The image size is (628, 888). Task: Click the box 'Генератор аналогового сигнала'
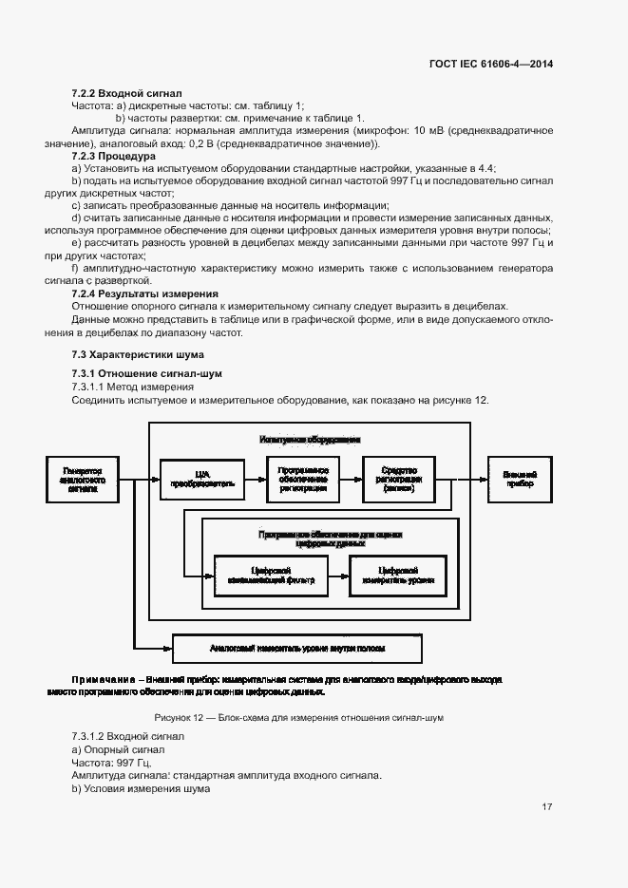coord(83,476)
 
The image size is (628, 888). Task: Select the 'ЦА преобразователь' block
coord(201,477)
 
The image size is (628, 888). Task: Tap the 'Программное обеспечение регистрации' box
coord(303,477)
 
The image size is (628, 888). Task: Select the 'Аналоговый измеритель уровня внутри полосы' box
coord(297,649)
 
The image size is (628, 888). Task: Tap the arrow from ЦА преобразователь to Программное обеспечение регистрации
coord(254,478)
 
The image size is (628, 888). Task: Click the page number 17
coord(547,806)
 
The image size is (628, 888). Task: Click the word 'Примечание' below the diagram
coord(103,681)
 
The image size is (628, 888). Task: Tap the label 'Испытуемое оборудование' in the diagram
coord(310,440)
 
